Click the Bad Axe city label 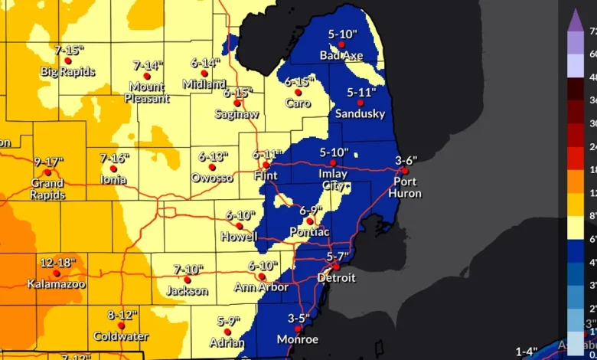click(x=341, y=56)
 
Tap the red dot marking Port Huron click(x=405, y=171)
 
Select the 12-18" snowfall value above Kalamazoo click(x=58, y=263)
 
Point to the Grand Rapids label click(x=47, y=188)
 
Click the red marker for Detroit click(x=335, y=267)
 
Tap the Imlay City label click(x=332, y=179)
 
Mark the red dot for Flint click(x=266, y=165)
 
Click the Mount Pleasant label click(x=147, y=92)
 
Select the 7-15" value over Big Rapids click(x=70, y=50)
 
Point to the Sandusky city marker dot click(x=360, y=103)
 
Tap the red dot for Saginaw click(x=237, y=103)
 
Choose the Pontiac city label click(x=309, y=231)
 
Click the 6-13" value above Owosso click(x=214, y=155)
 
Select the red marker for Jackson click(x=187, y=280)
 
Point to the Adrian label click(x=221, y=343)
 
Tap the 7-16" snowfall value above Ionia click(x=114, y=158)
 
